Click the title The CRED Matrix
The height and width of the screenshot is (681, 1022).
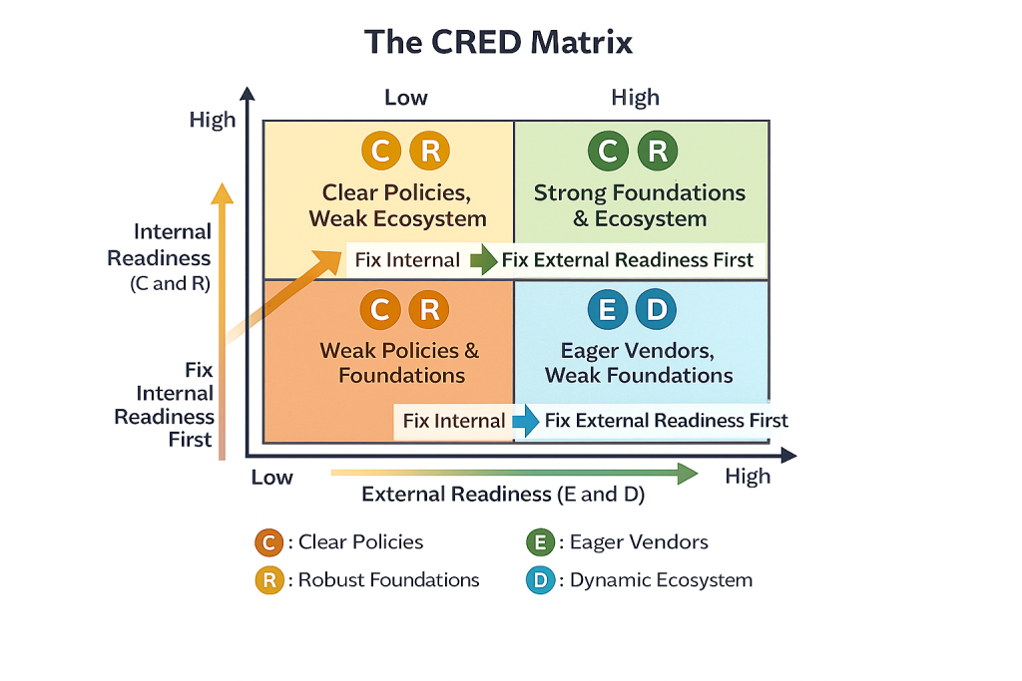point(498,43)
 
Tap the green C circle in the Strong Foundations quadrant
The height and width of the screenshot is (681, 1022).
point(607,152)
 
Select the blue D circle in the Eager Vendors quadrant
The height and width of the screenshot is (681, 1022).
point(656,310)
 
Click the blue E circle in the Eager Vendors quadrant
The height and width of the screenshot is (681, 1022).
point(605,310)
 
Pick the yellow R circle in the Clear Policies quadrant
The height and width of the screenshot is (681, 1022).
point(430,152)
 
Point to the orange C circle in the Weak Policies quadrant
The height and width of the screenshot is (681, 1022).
point(379,310)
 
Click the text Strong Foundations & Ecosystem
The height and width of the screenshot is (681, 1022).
point(640,205)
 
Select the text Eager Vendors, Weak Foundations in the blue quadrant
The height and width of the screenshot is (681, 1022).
point(640,363)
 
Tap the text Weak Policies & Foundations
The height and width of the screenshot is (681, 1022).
point(400,363)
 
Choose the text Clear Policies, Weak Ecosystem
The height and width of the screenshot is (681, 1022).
point(397,205)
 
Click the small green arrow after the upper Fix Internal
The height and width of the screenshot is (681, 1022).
point(483,261)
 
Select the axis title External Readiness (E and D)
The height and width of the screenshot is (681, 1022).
point(503,495)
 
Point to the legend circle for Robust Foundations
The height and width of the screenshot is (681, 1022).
point(269,579)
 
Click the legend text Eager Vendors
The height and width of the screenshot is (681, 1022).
point(639,542)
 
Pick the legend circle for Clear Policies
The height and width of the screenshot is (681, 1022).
point(269,542)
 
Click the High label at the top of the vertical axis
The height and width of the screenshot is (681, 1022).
point(213,120)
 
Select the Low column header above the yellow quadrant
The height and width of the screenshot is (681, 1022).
point(406,98)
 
